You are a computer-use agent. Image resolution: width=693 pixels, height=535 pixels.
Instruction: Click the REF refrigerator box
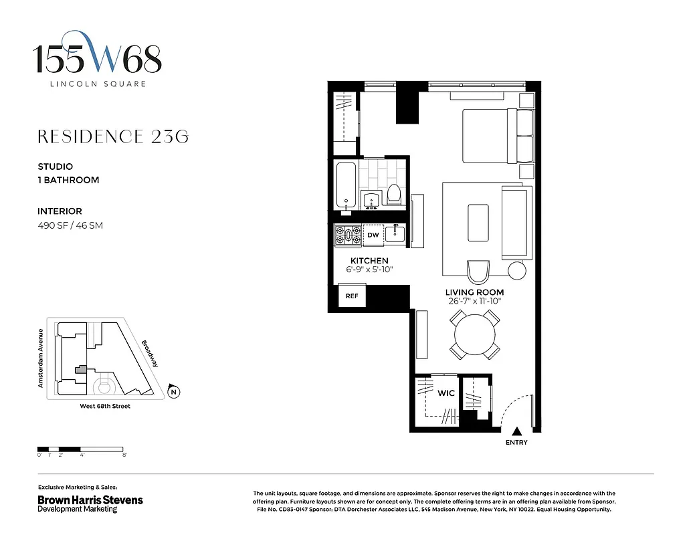click(x=351, y=296)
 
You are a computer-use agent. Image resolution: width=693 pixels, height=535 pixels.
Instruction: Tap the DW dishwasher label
click(x=373, y=235)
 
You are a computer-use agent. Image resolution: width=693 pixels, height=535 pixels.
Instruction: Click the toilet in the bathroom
click(x=394, y=195)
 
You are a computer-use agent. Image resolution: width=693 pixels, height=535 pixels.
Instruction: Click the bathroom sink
click(x=371, y=199)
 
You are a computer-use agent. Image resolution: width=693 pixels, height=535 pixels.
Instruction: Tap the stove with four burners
click(x=348, y=235)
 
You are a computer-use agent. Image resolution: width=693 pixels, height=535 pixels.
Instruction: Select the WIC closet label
click(x=446, y=393)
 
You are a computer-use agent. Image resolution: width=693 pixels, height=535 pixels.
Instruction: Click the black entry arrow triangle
click(x=516, y=432)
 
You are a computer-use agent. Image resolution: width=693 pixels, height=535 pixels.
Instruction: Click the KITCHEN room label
click(x=369, y=261)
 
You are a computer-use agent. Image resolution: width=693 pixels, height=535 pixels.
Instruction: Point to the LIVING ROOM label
click(x=475, y=292)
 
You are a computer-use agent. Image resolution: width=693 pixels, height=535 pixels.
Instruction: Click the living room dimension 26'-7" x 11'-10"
click(x=475, y=301)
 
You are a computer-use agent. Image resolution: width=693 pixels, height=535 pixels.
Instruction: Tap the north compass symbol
click(x=173, y=392)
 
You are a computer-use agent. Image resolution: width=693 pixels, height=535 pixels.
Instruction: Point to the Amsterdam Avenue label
click(x=41, y=358)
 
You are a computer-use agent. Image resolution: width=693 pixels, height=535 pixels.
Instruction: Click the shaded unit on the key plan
click(x=80, y=368)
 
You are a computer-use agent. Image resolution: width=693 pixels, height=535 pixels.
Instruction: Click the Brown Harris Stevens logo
click(x=90, y=500)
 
